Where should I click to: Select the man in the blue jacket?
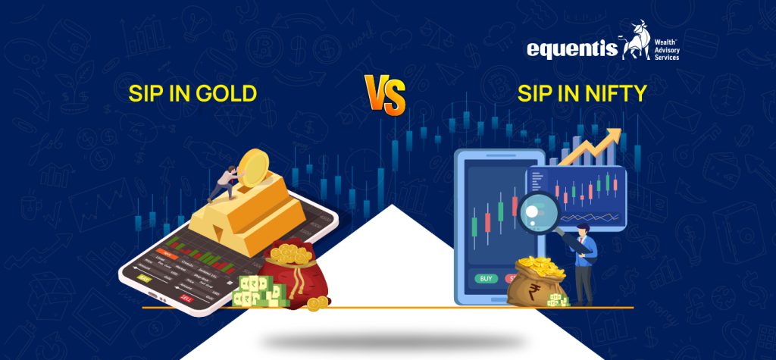tap(584, 261)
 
